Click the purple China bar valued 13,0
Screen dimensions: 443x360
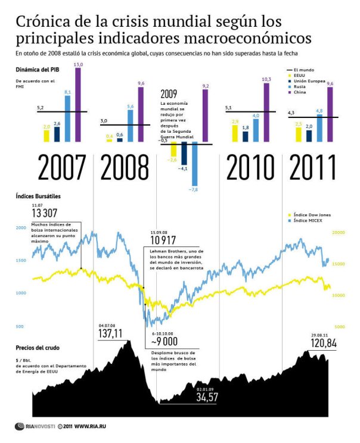pos(77,105)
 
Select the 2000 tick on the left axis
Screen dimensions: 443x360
pos(21,227)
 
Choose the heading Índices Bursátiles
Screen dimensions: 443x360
pos(38,195)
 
